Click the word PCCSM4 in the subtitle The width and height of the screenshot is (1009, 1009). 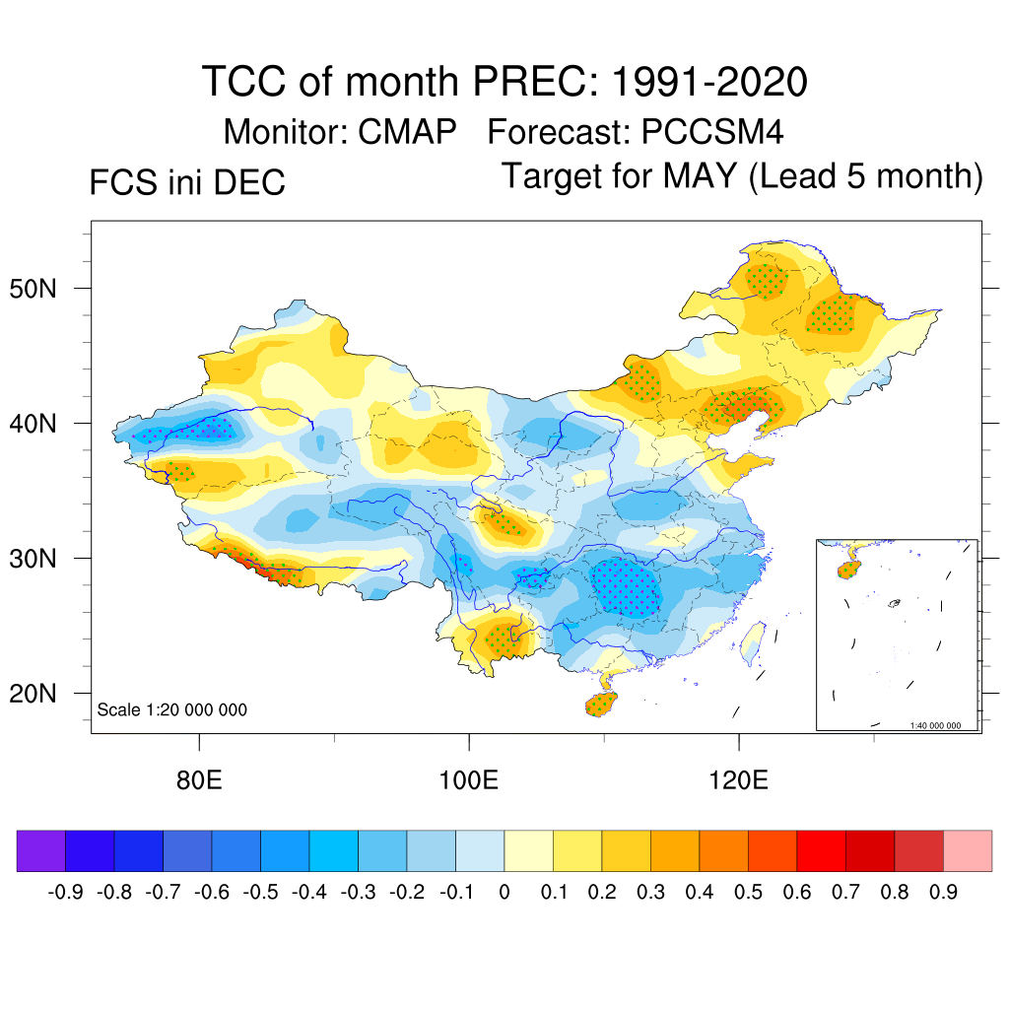point(712,131)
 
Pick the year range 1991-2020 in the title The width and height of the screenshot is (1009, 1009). point(709,81)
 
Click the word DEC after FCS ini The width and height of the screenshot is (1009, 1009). point(250,183)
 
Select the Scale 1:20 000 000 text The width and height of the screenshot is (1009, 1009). point(172,709)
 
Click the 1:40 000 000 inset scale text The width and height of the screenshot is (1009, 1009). point(941,725)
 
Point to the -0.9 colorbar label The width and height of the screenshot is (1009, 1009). point(65,893)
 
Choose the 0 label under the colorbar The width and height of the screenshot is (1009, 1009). point(504,893)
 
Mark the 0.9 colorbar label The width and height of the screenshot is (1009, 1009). point(944,893)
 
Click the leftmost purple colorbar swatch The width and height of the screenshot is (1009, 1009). point(41,851)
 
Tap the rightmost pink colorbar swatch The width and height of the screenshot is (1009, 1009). point(968,851)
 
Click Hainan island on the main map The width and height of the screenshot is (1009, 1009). point(600,704)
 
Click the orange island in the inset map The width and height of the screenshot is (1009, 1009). point(849,569)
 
